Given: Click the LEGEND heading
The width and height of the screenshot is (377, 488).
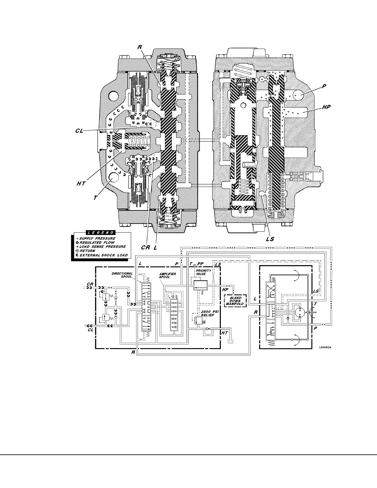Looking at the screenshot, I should [101, 233].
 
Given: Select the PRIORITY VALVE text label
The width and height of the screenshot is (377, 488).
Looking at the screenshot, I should [203, 272].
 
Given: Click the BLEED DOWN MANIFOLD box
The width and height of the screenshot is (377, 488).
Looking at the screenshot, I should [235, 301].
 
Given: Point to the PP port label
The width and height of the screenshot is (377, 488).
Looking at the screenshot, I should [201, 264].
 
